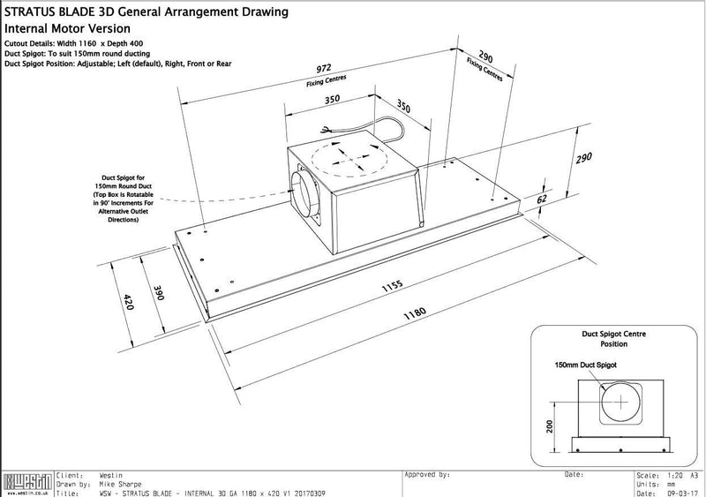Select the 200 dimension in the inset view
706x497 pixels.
click(x=550, y=427)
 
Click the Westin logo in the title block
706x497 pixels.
click(x=26, y=484)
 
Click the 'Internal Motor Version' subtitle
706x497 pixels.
click(x=62, y=27)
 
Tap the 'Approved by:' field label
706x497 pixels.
click(x=428, y=475)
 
